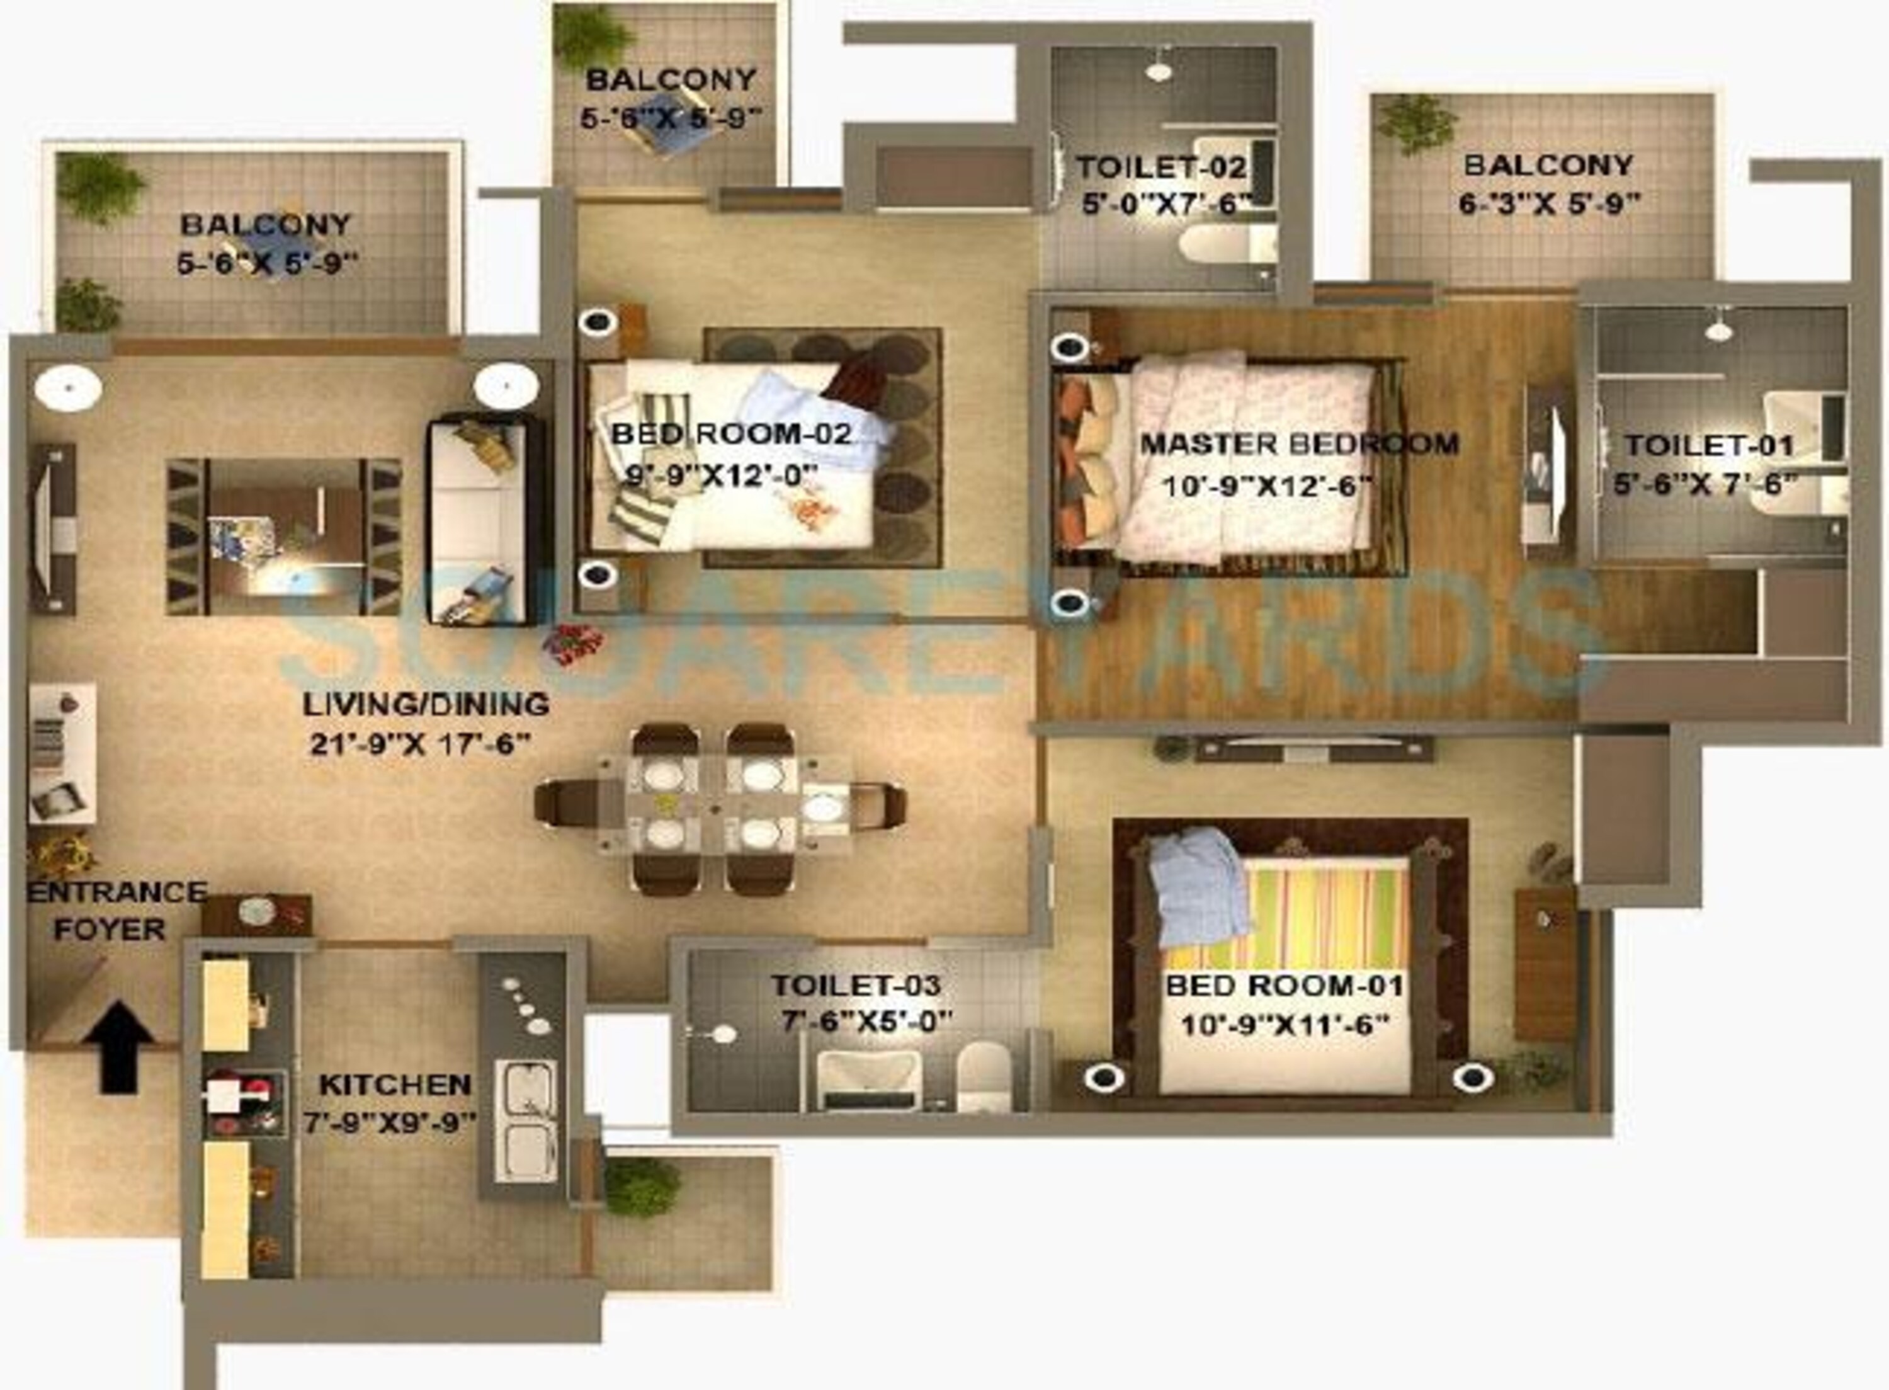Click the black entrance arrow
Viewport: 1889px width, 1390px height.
tap(118, 1047)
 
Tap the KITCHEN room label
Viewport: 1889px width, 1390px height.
tap(394, 1085)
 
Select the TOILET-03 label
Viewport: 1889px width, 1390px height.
tap(856, 985)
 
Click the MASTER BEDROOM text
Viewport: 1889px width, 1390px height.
tap(1300, 444)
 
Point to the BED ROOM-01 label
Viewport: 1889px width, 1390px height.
tap(1285, 985)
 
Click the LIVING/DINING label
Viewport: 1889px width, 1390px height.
tap(426, 704)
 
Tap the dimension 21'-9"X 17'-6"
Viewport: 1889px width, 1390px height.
tap(421, 744)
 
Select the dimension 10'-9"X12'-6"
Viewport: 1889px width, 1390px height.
tap(1267, 486)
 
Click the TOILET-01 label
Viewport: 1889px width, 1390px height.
tap(1710, 445)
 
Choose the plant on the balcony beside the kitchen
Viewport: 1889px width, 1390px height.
tap(642, 1187)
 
